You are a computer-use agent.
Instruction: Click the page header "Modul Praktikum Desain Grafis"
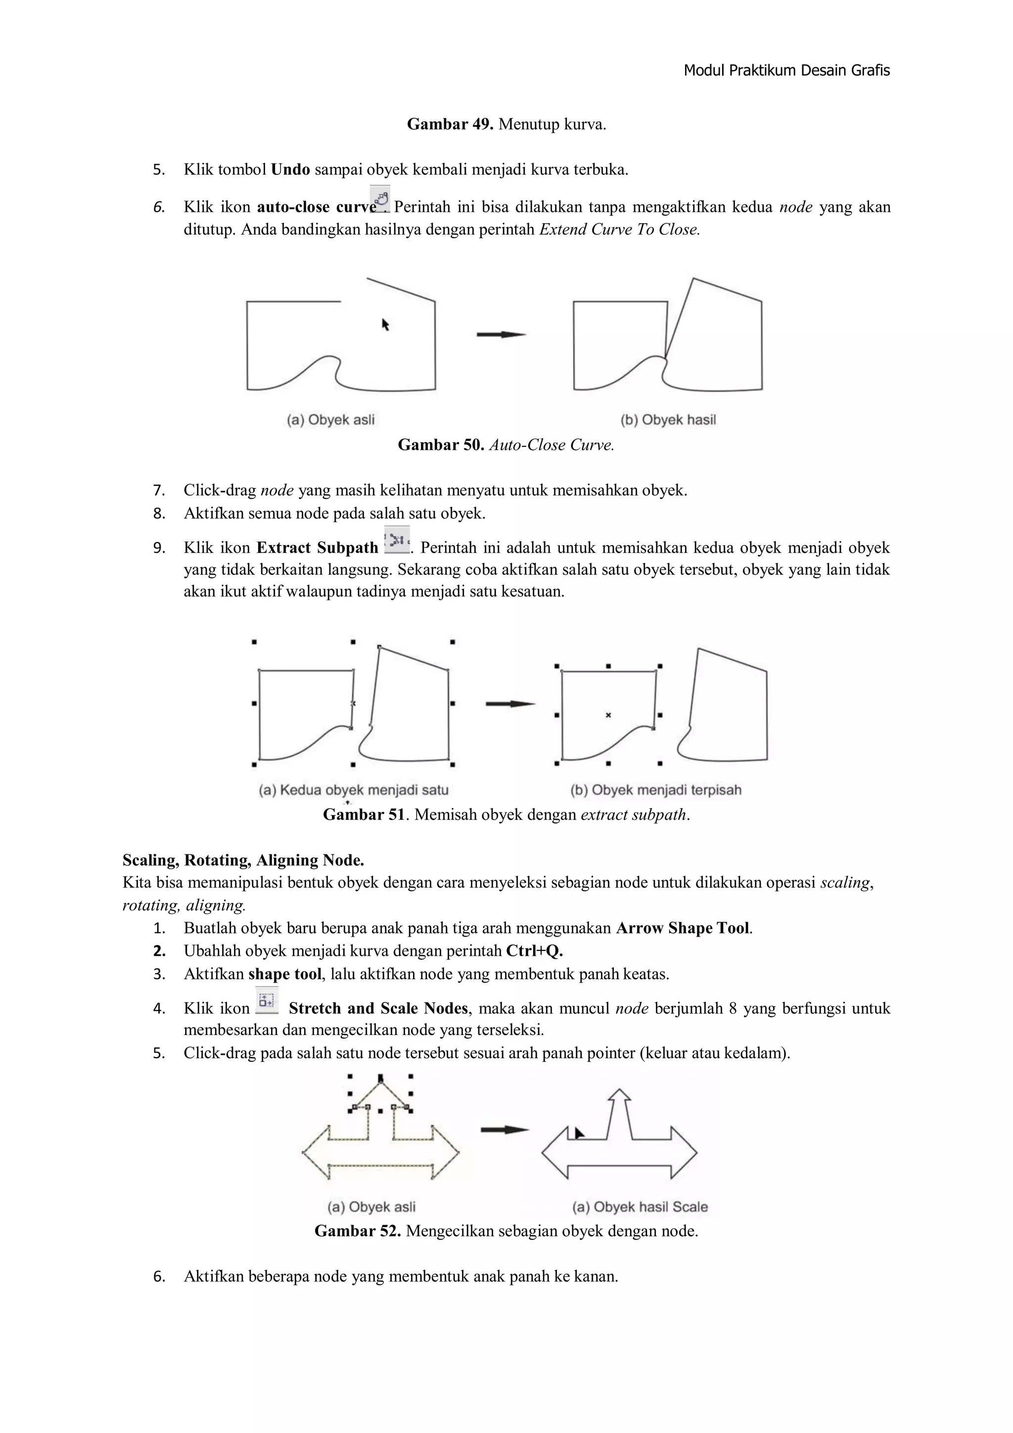(786, 70)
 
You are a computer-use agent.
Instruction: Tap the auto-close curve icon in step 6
(380, 199)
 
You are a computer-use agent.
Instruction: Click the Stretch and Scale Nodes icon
(266, 1000)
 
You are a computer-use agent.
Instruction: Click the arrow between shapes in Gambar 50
(501, 335)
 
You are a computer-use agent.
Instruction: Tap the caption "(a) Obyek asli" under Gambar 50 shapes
(330, 420)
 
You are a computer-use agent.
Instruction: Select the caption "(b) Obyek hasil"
(668, 420)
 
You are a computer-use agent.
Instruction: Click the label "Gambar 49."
(450, 124)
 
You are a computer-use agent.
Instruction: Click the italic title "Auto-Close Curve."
(552, 445)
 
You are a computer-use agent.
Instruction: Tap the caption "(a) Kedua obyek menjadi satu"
(354, 790)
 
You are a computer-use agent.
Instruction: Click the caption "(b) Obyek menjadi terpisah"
(655, 790)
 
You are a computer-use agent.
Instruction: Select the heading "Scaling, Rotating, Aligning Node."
(243, 860)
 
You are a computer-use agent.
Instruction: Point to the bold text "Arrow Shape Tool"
(683, 928)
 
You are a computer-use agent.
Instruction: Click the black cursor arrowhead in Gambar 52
(579, 1133)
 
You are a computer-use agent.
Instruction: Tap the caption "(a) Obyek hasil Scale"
(640, 1207)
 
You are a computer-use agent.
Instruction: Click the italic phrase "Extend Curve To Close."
(619, 230)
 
